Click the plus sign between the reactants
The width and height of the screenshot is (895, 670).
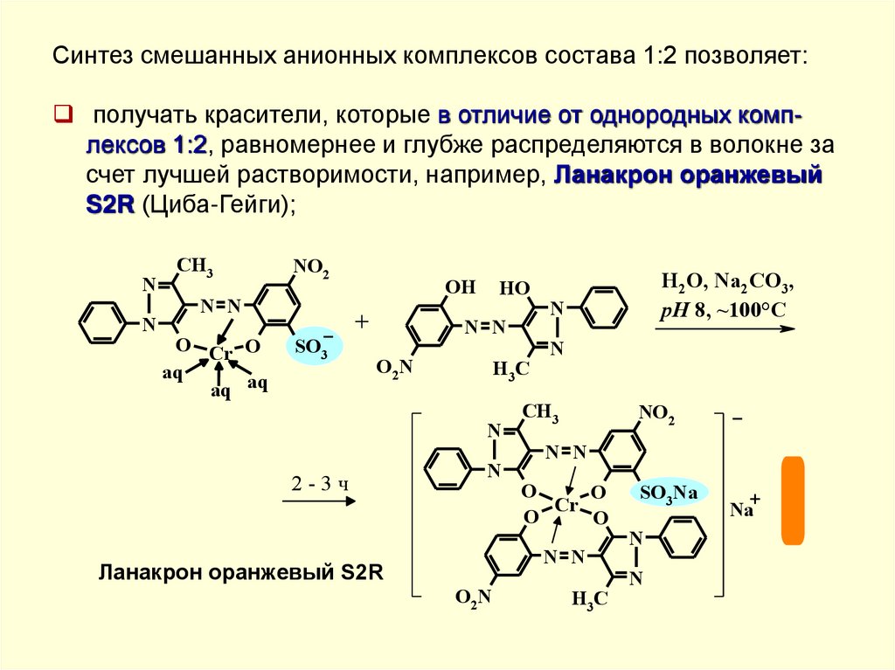coord(362,322)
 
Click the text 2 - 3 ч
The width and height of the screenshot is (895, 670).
coord(320,484)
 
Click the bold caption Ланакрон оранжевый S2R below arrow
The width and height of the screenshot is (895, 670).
coord(241,573)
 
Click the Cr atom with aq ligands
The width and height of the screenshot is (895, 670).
coord(221,354)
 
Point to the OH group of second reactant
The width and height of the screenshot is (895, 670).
coord(461,287)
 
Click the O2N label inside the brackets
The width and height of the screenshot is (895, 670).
coord(473,597)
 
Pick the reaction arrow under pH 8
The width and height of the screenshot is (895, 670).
coord(725,328)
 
